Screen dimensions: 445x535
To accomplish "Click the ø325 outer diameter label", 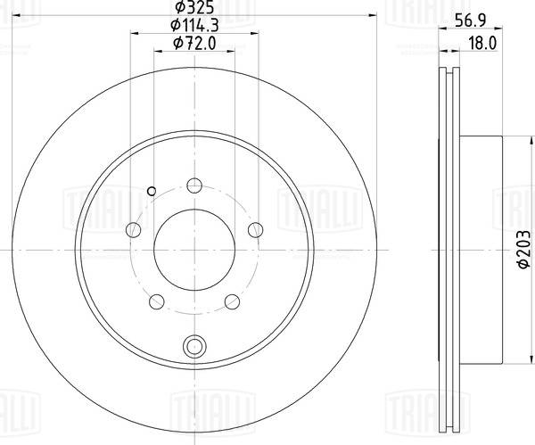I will [x=193, y=9].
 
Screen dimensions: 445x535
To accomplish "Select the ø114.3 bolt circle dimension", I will [x=193, y=27].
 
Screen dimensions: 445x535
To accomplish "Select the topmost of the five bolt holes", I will [x=193, y=186].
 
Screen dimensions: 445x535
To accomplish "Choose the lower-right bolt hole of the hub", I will [x=231, y=301].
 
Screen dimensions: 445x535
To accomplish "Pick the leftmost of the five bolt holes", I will [x=134, y=230].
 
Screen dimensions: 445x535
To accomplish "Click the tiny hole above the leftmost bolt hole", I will [x=151, y=189].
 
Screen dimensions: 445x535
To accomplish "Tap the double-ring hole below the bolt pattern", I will [x=193, y=346].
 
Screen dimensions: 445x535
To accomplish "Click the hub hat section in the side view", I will [x=481, y=251].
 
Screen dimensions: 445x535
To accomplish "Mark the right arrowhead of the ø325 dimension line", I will [x=371, y=15].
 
